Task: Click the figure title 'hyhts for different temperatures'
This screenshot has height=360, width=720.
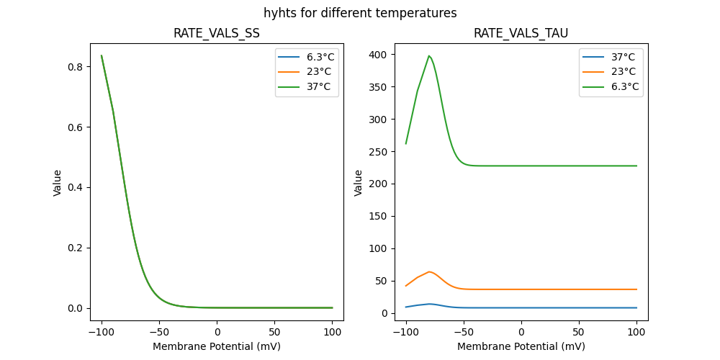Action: [360, 13]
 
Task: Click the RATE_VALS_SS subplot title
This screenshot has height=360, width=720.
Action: [217, 33]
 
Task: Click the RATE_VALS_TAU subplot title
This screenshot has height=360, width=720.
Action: [521, 33]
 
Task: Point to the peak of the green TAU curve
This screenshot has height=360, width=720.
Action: [429, 55]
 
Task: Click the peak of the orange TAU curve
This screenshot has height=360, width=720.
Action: [430, 271]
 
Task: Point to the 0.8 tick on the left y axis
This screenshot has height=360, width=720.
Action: [74, 67]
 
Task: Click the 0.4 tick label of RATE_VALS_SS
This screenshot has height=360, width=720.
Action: [74, 188]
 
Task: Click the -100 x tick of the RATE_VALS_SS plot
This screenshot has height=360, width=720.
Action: [102, 332]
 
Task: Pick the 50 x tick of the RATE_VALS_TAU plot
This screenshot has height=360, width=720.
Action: [579, 332]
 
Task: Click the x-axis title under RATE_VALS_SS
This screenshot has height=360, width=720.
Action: [217, 346]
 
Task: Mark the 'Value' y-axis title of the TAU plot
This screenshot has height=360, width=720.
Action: [359, 182]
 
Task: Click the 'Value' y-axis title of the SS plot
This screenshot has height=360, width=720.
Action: [58, 182]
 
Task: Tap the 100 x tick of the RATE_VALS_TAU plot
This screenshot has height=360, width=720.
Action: [636, 332]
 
